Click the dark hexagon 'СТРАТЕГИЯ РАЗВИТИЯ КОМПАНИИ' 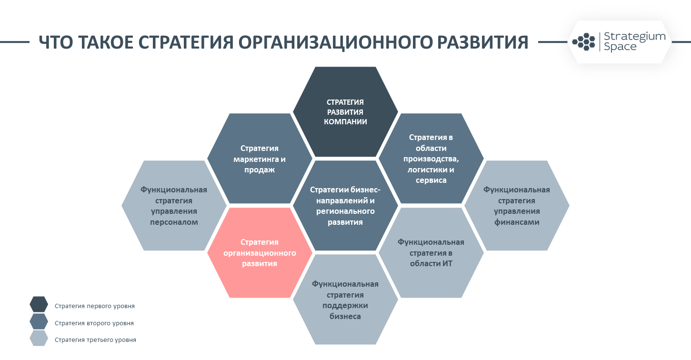pyautogui.click(x=345, y=112)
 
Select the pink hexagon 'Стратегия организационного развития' pyautogui.click(x=260, y=253)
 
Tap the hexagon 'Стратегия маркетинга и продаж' pyautogui.click(x=260, y=159)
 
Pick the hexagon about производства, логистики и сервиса pyautogui.click(x=431, y=159)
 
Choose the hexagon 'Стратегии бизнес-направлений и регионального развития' pyautogui.click(x=345, y=205)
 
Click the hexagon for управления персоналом pyautogui.click(x=174, y=205)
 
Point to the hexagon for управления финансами pyautogui.click(x=517, y=205)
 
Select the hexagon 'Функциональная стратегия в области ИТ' pyautogui.click(x=431, y=253)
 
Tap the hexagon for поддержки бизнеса pyautogui.click(x=345, y=300)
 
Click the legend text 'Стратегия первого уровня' pyautogui.click(x=95, y=306)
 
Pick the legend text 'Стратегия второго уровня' pyautogui.click(x=94, y=323)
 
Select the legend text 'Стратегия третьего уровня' pyautogui.click(x=95, y=340)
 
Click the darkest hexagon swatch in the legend pyautogui.click(x=39, y=304)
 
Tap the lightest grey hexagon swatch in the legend pyautogui.click(x=39, y=338)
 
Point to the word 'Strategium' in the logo pyautogui.click(x=634, y=37)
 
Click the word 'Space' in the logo pyautogui.click(x=620, y=47)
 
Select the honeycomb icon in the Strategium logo pyautogui.click(x=584, y=41)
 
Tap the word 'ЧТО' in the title pyautogui.click(x=56, y=42)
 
